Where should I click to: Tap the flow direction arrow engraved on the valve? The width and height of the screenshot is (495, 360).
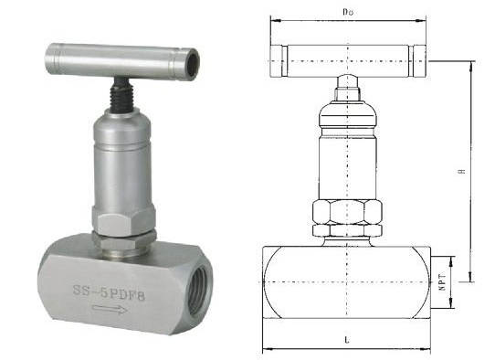click(x=110, y=309)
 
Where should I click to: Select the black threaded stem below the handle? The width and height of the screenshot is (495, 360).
click(x=121, y=94)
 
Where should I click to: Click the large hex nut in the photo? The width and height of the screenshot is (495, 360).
click(x=124, y=220)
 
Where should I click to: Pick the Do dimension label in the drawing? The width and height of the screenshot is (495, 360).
click(x=348, y=12)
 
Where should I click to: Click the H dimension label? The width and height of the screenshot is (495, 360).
click(x=462, y=171)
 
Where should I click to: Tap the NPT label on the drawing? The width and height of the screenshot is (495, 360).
click(x=442, y=282)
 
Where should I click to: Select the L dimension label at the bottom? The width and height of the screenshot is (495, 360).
click(x=347, y=340)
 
